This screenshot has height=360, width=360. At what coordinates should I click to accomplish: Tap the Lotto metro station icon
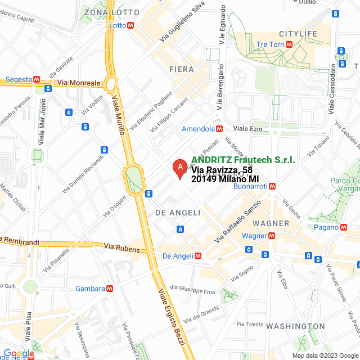point(130,25)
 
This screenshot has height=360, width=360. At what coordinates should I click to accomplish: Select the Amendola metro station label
point(198,129)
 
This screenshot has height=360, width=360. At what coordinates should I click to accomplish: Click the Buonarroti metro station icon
point(272,186)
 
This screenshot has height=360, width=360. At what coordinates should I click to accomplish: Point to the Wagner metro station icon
point(270,236)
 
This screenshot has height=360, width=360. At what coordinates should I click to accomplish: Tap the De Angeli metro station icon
point(197,256)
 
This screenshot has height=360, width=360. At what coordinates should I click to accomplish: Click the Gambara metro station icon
point(110,289)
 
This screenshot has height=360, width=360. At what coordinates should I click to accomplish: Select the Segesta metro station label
point(19,79)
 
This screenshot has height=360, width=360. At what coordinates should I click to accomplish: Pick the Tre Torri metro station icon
point(289,44)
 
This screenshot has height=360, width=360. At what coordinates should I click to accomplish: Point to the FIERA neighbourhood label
point(181,69)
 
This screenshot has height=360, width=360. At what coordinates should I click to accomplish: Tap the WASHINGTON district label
point(295,326)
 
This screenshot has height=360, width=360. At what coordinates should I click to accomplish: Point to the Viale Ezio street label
point(248,129)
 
